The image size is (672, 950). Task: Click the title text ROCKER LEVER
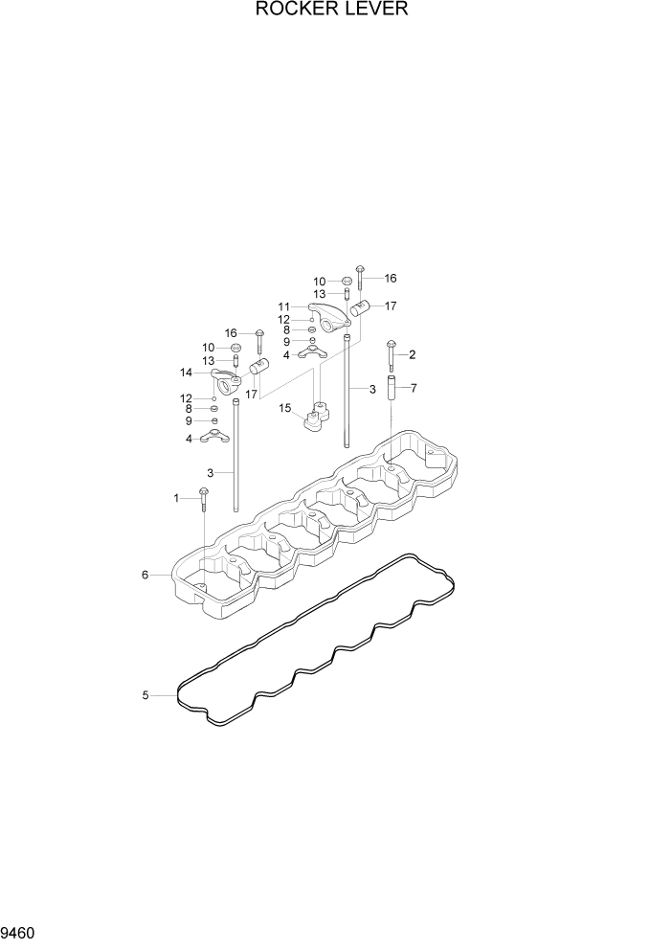pos(332,11)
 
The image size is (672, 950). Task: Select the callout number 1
pos(176,498)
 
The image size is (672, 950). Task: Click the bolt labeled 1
pos(203,497)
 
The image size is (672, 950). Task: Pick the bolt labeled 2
pos(391,355)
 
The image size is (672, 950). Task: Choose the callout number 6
pos(146,575)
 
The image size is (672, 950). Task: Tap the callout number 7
pos(414,388)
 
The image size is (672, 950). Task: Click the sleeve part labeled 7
pos(391,390)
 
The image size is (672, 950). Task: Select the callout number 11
pos(283,306)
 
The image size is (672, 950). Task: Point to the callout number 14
pos(187,373)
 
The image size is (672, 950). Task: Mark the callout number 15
pos(284,408)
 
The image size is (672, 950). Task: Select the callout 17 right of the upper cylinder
pos(390,306)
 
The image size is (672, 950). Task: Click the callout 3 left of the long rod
pos(210,472)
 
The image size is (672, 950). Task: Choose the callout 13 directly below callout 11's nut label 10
pos(320,294)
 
